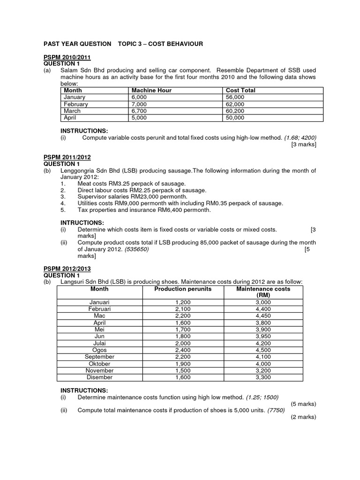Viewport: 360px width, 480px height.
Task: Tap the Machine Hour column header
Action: [151, 90]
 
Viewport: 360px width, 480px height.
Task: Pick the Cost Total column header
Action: [240, 90]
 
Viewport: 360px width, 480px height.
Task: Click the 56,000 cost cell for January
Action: [235, 97]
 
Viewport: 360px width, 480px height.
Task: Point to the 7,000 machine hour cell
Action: [140, 104]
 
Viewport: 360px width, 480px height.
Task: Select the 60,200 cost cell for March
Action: [235, 111]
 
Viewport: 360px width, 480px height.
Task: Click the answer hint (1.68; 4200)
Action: [300, 137]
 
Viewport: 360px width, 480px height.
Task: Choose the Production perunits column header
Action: [183, 289]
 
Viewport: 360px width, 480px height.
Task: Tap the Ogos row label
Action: [99, 350]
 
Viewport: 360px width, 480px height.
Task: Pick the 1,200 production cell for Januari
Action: [183, 303]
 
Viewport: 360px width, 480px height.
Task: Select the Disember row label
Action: [99, 377]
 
